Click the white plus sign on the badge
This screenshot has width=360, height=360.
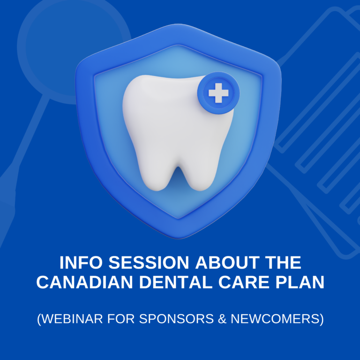[218, 94]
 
